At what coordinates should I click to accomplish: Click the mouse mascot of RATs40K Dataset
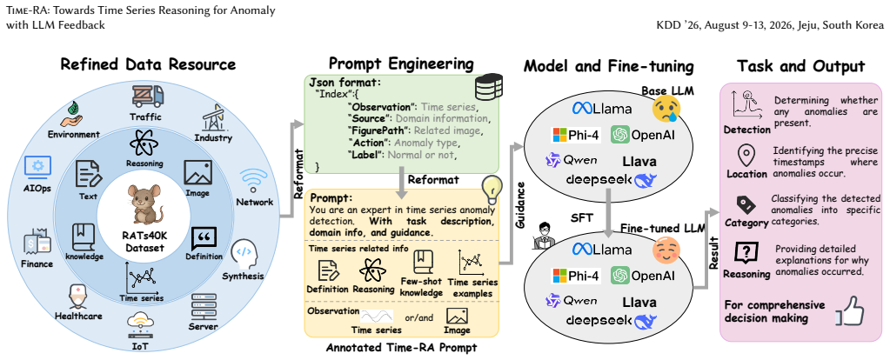(145, 204)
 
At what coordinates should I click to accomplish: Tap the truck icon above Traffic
(148, 96)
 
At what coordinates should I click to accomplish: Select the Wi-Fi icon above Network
(253, 181)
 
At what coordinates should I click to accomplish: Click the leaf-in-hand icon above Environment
(73, 114)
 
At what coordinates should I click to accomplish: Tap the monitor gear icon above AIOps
(37, 167)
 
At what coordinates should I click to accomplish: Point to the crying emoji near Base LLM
(666, 110)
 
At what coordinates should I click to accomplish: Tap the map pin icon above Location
(746, 155)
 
